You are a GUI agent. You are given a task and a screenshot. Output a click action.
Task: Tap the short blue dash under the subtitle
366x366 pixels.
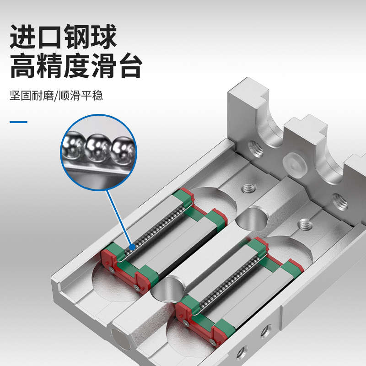point(19,122)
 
